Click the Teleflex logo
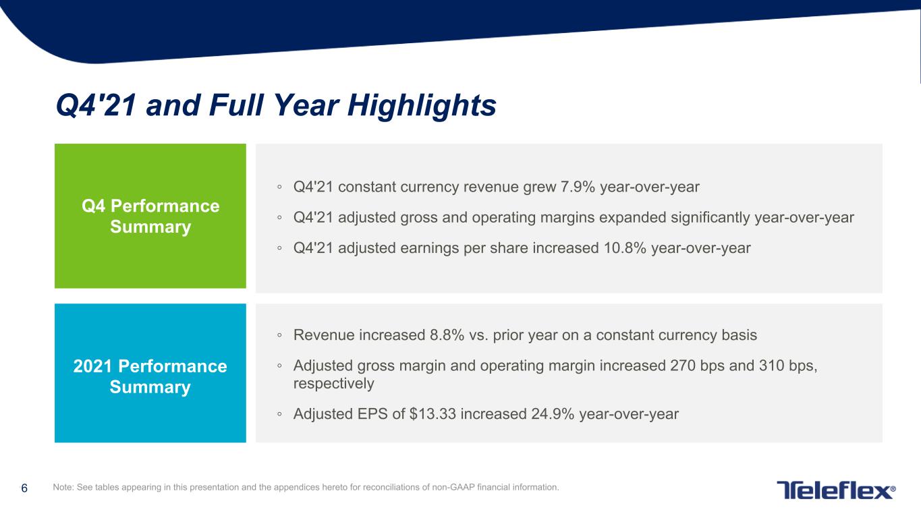[836, 490]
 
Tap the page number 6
[24, 488]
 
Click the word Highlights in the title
[422, 107]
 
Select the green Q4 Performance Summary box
[150, 216]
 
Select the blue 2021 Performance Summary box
[150, 373]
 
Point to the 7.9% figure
[578, 187]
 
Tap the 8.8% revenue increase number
[447, 335]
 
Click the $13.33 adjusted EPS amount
[432, 414]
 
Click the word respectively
[333, 384]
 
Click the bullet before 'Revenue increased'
[279, 335]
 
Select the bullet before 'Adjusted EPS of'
[279, 414]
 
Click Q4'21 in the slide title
[96, 106]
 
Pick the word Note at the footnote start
[63, 487]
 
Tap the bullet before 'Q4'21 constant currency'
[279, 188]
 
